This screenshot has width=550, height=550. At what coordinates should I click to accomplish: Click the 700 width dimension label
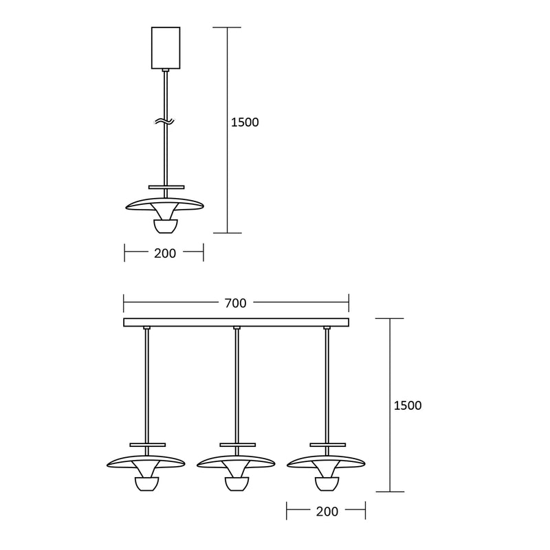click(235, 303)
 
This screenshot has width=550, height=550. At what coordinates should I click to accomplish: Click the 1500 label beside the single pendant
click(245, 122)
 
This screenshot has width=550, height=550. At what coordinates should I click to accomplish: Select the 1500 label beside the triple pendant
click(408, 406)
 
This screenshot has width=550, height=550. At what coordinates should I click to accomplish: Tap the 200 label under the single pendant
click(165, 253)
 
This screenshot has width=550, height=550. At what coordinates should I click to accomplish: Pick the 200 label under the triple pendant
click(327, 511)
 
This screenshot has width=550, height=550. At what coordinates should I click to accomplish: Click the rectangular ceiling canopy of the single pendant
click(166, 48)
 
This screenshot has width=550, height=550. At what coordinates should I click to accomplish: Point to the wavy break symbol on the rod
click(164, 122)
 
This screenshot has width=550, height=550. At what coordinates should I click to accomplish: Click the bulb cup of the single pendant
click(166, 226)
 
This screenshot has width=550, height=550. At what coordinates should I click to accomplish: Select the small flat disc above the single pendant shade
click(166, 187)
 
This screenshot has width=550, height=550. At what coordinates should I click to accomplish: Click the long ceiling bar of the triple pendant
click(236, 322)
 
